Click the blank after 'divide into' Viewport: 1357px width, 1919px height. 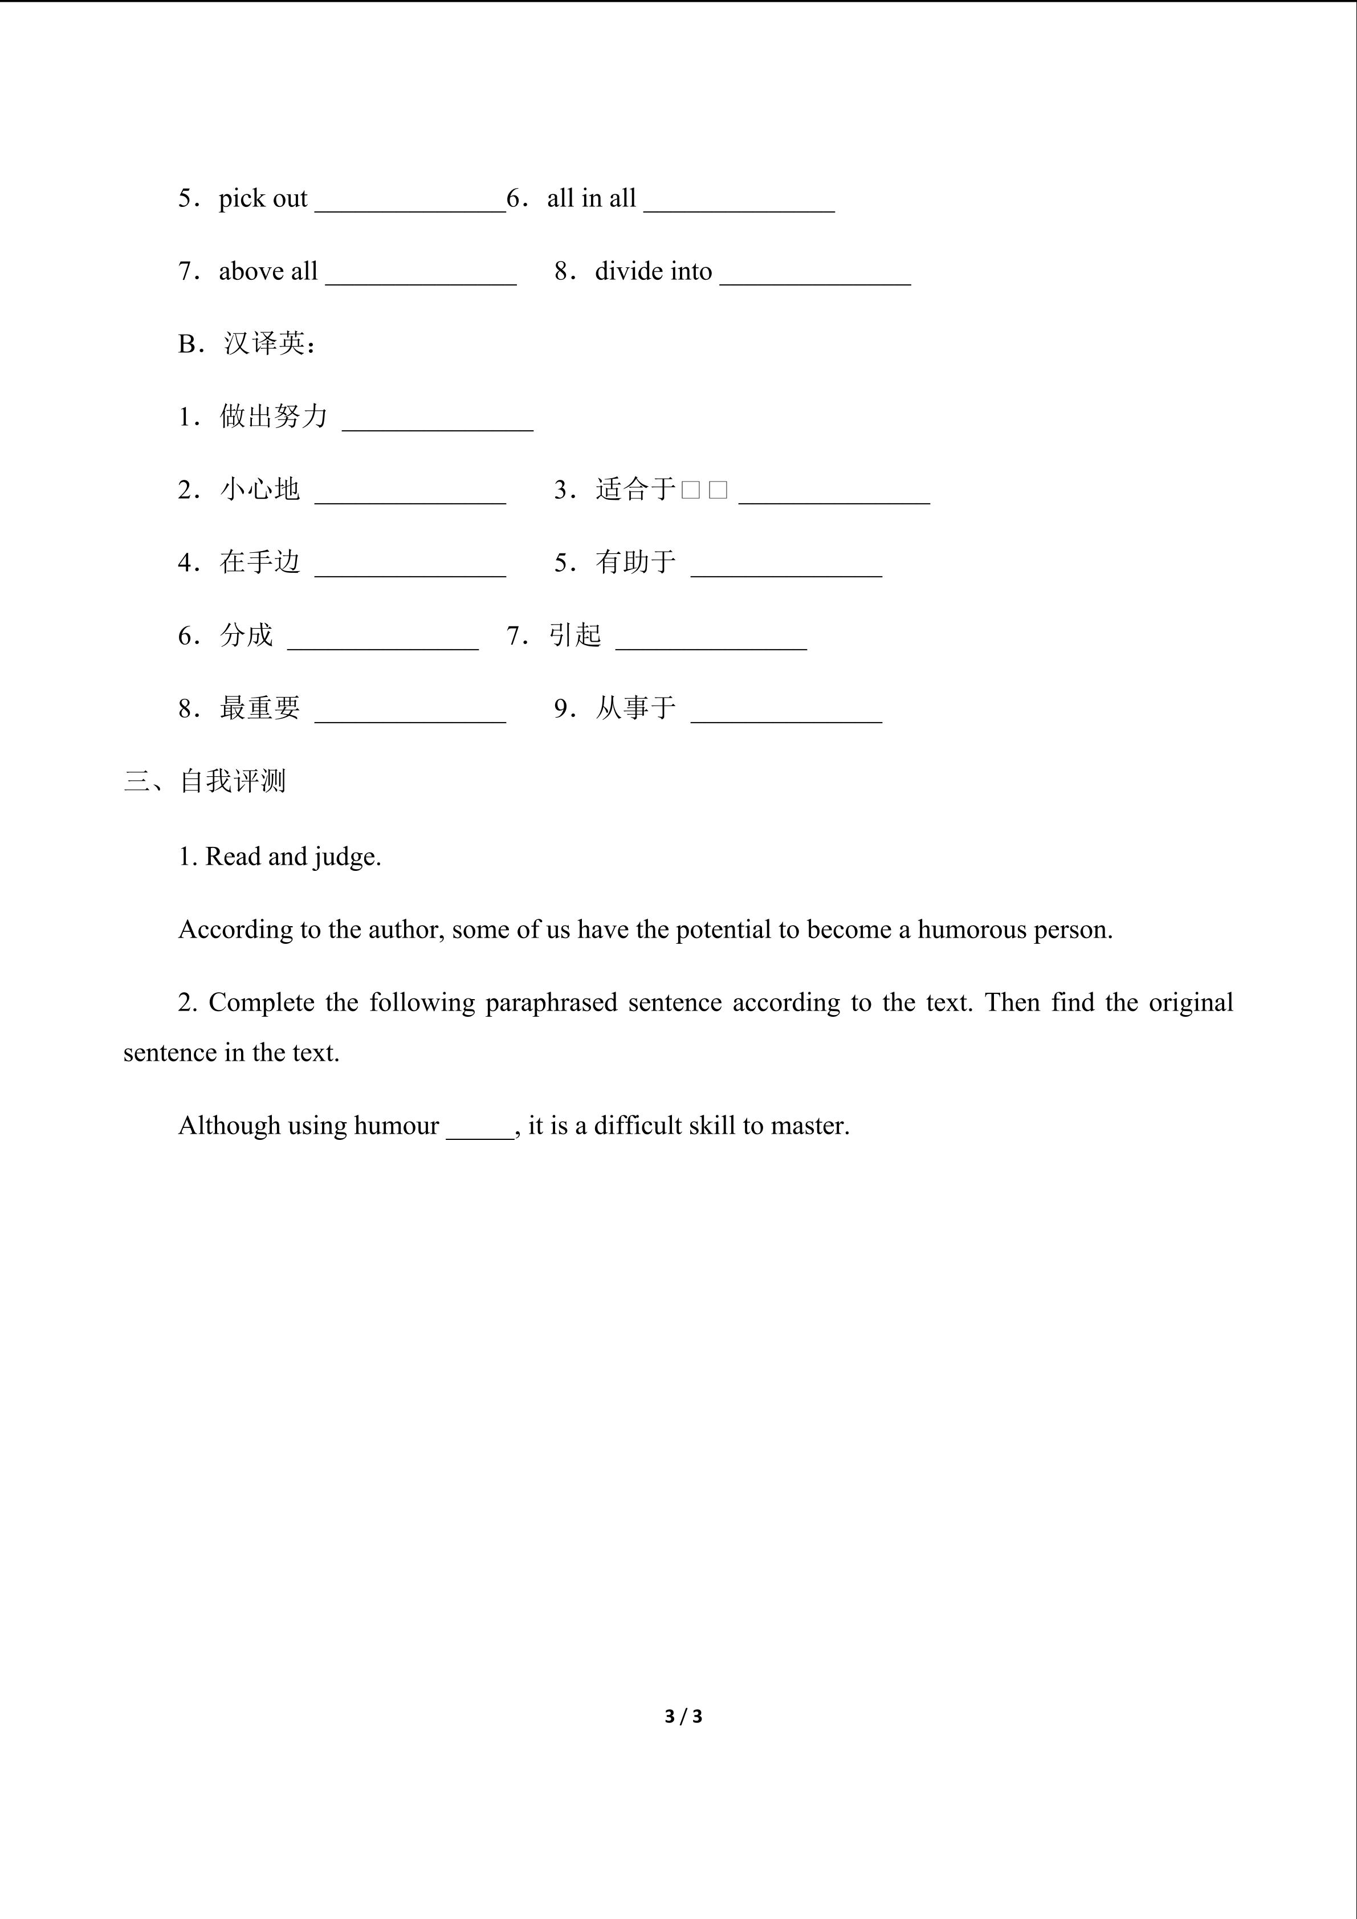click(814, 278)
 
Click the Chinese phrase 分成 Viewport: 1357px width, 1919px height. click(247, 635)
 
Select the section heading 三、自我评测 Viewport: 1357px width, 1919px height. click(205, 781)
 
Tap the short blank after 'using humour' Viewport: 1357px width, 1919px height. click(480, 1132)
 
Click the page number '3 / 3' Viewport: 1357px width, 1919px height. click(683, 1717)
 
